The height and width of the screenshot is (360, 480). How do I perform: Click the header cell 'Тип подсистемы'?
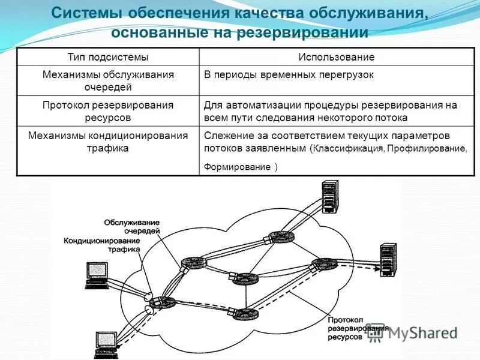click(108, 57)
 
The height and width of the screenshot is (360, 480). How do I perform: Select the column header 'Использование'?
click(337, 57)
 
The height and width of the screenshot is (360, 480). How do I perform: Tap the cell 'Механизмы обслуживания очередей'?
click(108, 81)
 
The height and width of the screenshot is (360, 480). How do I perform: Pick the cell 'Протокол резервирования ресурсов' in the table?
click(108, 112)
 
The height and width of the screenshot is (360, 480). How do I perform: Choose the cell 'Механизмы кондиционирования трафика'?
click(108, 142)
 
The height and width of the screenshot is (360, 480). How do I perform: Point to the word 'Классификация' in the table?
click(349, 148)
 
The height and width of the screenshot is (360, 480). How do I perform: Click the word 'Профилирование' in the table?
click(427, 148)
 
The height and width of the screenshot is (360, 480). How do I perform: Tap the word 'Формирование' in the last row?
click(237, 167)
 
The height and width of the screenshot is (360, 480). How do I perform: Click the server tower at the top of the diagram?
click(329, 195)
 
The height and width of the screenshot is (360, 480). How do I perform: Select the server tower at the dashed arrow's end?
click(387, 259)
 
